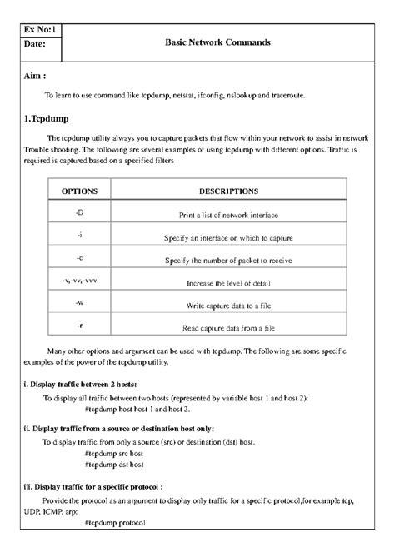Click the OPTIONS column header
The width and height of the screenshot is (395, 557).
80,191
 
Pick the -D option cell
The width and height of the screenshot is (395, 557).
80,213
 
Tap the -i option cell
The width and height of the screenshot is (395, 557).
80,236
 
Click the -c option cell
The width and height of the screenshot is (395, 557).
80,258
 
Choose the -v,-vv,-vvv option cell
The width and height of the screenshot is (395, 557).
80,281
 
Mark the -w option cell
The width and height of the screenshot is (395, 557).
80,303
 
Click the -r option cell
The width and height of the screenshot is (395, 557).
80,326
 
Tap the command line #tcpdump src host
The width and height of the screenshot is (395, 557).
114,454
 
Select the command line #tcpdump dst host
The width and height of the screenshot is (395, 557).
114,465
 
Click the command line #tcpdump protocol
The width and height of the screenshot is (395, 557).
115,522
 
